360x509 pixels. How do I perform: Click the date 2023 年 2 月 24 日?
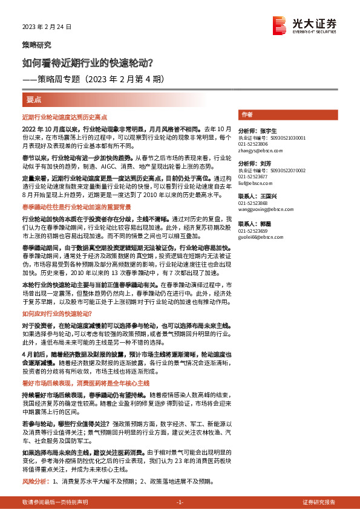tap(47, 28)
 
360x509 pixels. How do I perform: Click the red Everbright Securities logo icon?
tap(279, 25)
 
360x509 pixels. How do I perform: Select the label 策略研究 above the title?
tap(37, 45)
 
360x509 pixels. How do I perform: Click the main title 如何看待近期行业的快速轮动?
tap(87, 63)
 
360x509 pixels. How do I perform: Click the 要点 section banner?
tap(34, 99)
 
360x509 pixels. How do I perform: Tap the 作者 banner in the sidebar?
tap(247, 114)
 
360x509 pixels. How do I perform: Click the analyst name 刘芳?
tap(266, 164)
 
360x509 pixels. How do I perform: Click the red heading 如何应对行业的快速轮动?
tap(57, 314)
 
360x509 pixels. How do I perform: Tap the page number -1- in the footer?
tap(180, 502)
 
